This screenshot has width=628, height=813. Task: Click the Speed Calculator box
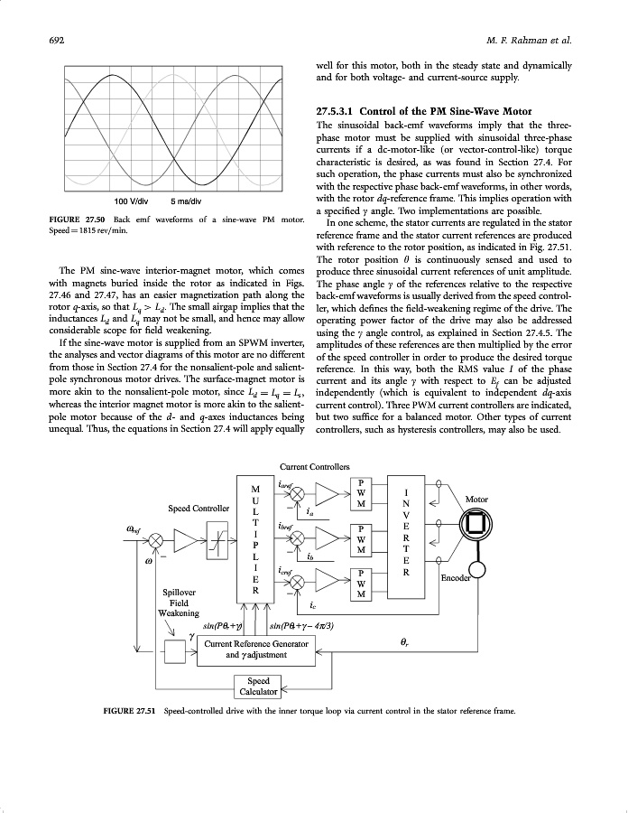coord(258,687)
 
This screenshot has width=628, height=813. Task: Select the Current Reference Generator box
coord(257,649)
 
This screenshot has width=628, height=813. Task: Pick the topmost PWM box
coord(361,491)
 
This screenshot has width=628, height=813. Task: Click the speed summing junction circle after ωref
coord(156,539)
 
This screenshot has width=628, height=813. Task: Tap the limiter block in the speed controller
coord(219,539)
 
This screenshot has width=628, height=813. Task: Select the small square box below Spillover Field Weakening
coord(172,649)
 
